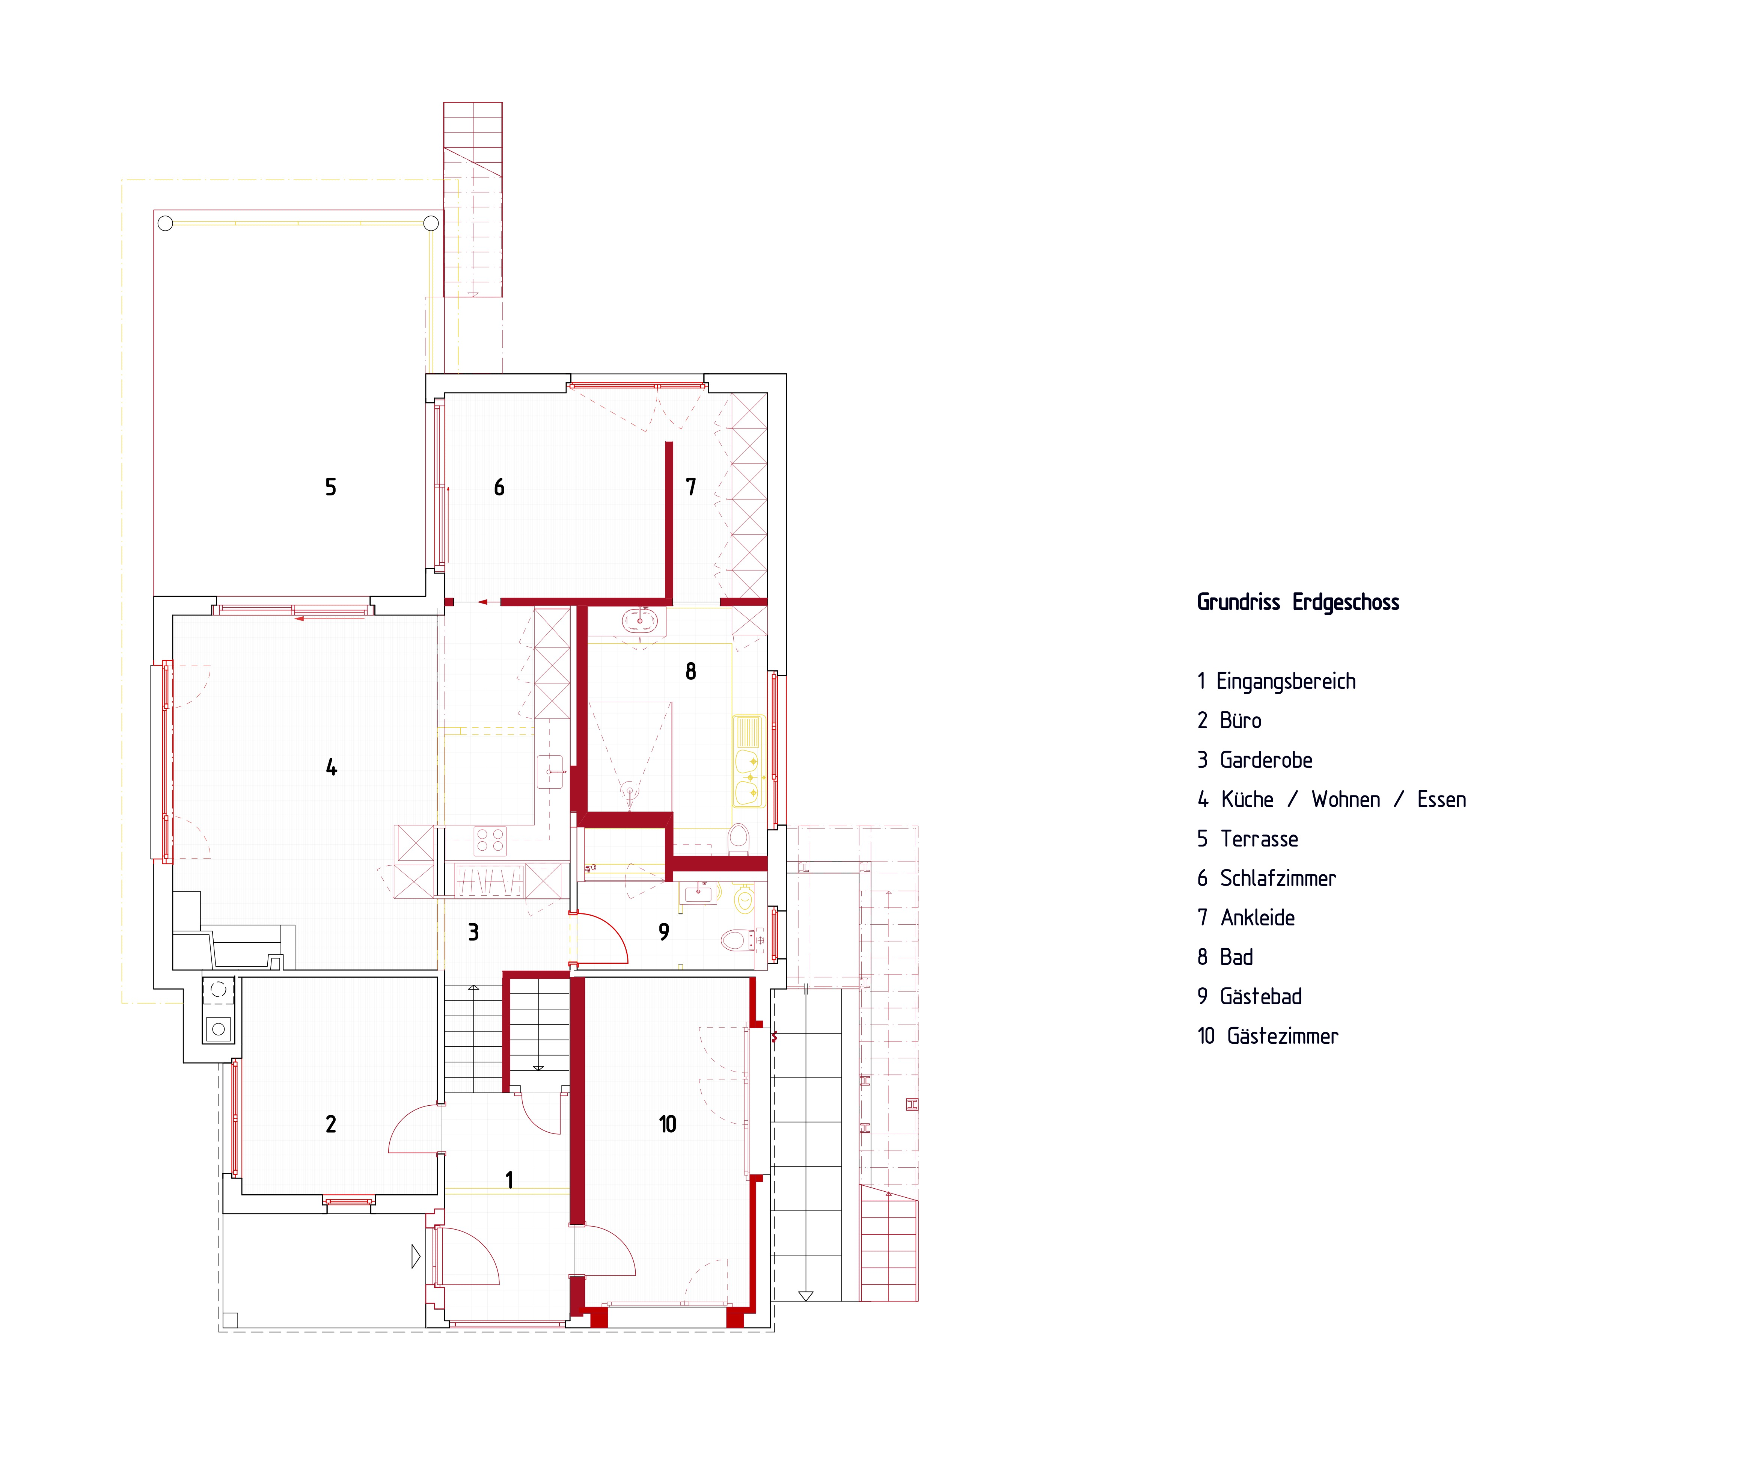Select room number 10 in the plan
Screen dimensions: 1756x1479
tap(667, 1124)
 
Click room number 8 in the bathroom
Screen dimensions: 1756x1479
tap(691, 671)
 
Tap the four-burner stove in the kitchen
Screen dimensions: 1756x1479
tap(490, 841)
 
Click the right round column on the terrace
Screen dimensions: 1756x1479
tap(431, 223)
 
